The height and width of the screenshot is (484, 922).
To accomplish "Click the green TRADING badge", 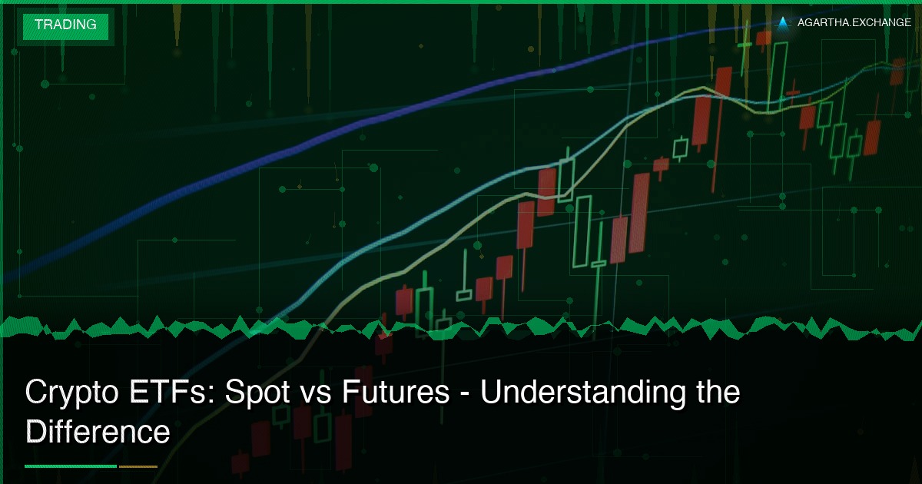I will click(65, 25).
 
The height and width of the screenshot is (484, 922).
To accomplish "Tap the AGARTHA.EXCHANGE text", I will click(854, 23).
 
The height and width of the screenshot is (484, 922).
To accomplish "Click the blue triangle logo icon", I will click(783, 23).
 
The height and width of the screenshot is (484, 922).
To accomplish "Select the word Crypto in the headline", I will click(70, 393).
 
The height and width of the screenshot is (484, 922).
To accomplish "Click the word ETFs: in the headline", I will click(172, 393).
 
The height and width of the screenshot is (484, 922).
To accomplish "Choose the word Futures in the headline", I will click(396, 393).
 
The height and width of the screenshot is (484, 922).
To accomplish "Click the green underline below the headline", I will click(71, 466).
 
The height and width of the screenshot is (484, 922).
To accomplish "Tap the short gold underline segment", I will click(138, 466).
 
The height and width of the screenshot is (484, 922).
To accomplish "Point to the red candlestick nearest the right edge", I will click(897, 71).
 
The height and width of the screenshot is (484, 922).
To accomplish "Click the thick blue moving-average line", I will click(384, 115).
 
